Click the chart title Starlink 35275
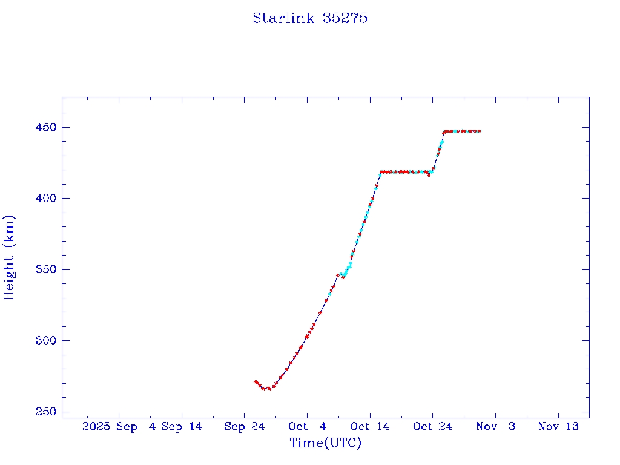[310, 18]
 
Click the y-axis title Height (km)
[9, 257]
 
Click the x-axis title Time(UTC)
[325, 443]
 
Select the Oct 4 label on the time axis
[307, 427]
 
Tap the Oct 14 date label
[369, 427]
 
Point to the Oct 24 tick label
[432, 427]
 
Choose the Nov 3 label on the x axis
[495, 427]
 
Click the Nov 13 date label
[558, 427]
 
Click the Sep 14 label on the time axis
[181, 427]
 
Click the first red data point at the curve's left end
[255, 382]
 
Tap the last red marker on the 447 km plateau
[479, 131]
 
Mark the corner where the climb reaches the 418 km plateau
[381, 172]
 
